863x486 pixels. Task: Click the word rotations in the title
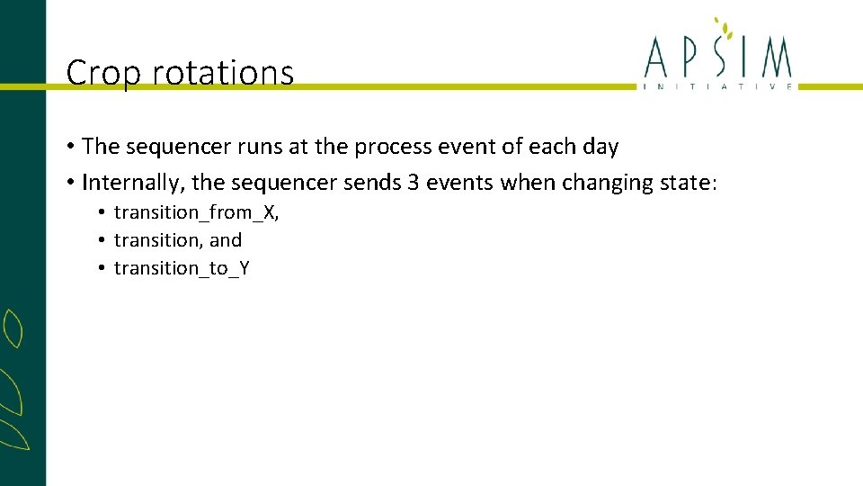point(223,73)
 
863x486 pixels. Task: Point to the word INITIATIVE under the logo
point(717,86)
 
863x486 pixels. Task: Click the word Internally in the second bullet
point(132,183)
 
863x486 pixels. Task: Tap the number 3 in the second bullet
point(414,183)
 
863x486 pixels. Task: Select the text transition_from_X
point(195,213)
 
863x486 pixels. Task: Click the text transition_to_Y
point(182,268)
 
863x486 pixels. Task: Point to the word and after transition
point(226,240)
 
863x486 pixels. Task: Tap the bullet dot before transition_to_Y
point(104,268)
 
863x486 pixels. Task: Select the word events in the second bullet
point(459,183)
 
